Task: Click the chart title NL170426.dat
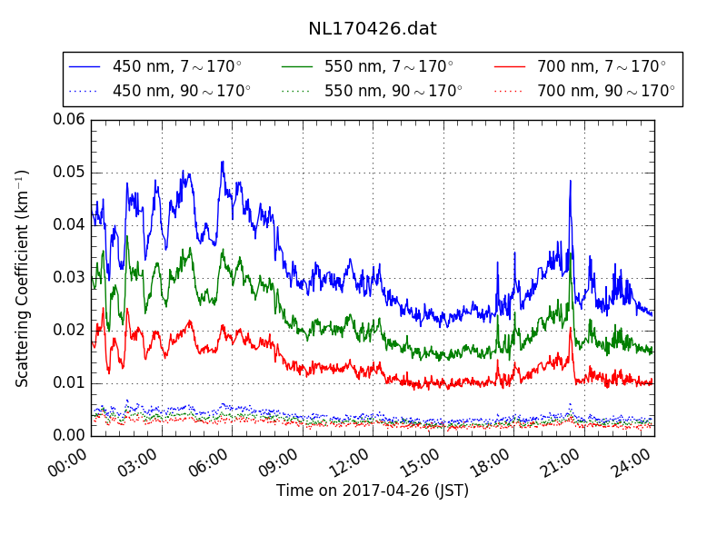(x=373, y=28)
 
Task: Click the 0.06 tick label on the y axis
(x=69, y=120)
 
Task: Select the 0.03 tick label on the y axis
(x=69, y=278)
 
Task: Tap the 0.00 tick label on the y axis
(x=69, y=436)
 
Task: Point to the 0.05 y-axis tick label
(x=69, y=173)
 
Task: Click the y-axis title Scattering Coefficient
(x=23, y=278)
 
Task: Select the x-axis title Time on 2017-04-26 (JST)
(x=373, y=491)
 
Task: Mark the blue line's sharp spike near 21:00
(x=570, y=181)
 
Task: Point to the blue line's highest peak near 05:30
(x=222, y=163)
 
